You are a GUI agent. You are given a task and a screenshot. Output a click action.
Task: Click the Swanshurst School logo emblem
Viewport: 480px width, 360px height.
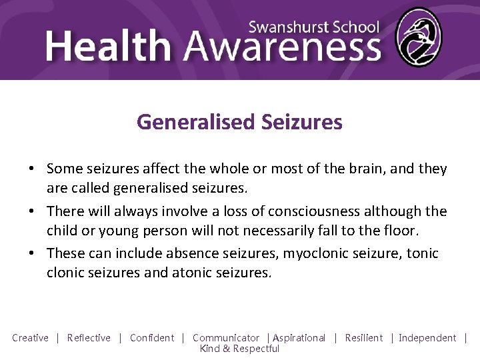(x=418, y=37)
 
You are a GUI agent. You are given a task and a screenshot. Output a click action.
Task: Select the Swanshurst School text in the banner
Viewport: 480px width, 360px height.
(x=313, y=27)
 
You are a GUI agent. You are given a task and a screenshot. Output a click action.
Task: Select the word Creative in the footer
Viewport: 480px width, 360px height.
(x=30, y=338)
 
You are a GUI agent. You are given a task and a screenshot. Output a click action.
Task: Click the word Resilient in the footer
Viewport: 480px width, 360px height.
(x=364, y=338)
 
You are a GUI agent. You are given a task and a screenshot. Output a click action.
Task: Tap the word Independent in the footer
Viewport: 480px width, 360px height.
(x=427, y=338)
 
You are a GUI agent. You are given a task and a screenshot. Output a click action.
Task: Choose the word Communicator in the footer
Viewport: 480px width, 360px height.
(x=226, y=338)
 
